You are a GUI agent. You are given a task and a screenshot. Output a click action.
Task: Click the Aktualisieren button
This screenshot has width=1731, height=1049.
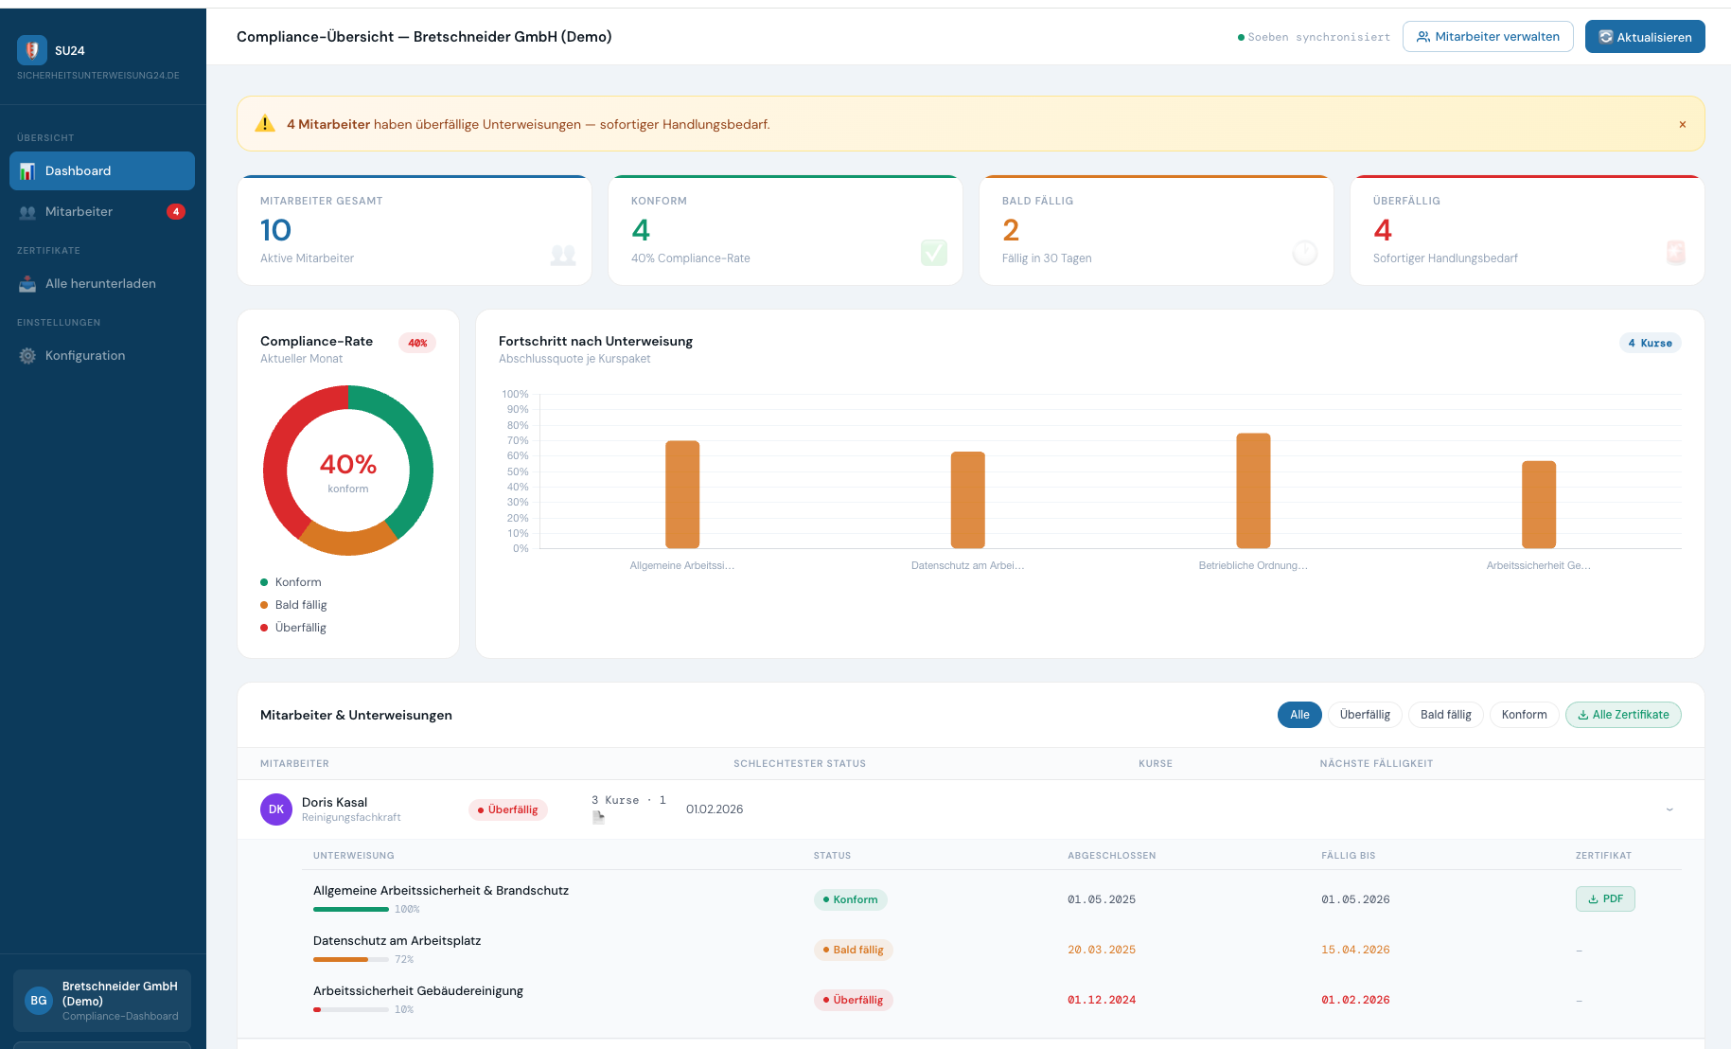pyautogui.click(x=1644, y=37)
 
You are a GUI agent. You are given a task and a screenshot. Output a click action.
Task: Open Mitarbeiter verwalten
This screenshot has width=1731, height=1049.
pyautogui.click(x=1487, y=37)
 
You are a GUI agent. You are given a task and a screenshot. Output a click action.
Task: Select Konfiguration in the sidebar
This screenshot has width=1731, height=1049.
pyautogui.click(x=85, y=356)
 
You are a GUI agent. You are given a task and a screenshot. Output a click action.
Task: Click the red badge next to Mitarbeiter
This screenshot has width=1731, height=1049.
pyautogui.click(x=176, y=212)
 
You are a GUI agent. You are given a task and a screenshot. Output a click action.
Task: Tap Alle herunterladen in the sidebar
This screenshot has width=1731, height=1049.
pyautogui.click(x=100, y=284)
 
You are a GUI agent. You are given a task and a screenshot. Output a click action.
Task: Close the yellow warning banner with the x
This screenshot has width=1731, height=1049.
pyautogui.click(x=1682, y=124)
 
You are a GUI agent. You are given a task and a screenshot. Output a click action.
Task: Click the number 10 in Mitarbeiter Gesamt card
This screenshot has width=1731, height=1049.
pyautogui.click(x=275, y=230)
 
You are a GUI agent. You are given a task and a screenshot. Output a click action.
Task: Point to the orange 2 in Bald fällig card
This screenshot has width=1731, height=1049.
pyautogui.click(x=1011, y=230)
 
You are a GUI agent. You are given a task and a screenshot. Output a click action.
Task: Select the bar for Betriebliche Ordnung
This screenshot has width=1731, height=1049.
pyautogui.click(x=1253, y=490)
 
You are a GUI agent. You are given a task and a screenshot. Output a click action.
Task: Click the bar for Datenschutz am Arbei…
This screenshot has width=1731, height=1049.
pyautogui.click(x=967, y=500)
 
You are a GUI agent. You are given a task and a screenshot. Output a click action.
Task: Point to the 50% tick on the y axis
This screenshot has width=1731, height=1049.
pyautogui.click(x=518, y=471)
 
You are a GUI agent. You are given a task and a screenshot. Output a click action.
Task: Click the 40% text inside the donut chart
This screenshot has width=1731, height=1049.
pyautogui.click(x=348, y=465)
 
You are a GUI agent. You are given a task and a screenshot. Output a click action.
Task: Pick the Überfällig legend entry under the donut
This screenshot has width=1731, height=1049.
pyautogui.click(x=300, y=628)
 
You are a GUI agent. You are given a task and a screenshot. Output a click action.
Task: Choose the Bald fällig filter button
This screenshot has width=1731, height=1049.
pyautogui.click(x=1445, y=715)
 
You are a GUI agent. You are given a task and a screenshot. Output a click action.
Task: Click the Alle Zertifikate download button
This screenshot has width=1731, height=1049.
pyautogui.click(x=1622, y=715)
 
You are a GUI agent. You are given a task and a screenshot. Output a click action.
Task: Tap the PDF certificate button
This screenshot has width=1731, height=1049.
pyautogui.click(x=1604, y=899)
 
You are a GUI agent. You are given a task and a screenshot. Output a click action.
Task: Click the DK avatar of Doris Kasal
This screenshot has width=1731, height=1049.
pyautogui.click(x=276, y=809)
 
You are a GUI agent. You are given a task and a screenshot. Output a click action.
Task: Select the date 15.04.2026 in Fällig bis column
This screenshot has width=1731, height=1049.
pyautogui.click(x=1355, y=950)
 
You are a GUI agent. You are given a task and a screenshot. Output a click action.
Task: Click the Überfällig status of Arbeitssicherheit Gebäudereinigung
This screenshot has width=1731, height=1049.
pyautogui.click(x=853, y=1000)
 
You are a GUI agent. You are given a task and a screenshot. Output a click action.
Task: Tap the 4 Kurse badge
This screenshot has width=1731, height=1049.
pyautogui.click(x=1650, y=343)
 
